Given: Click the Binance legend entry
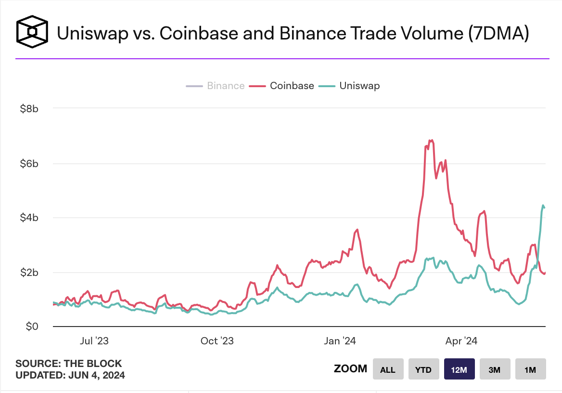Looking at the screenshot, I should click(x=215, y=86).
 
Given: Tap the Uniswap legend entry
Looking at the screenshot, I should click(x=349, y=86).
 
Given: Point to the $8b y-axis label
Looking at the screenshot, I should click(x=29, y=109).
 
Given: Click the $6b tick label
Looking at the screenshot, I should click(x=29, y=164).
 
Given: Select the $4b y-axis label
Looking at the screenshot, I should click(x=29, y=218).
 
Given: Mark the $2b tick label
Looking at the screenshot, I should click(x=29, y=273).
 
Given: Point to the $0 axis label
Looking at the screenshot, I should click(x=32, y=327).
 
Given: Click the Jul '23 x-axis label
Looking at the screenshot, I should click(x=94, y=341).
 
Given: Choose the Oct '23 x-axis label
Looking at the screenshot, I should click(x=217, y=341).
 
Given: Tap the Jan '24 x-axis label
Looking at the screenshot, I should click(x=340, y=341).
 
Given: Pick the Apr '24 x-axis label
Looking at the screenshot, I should click(x=461, y=341).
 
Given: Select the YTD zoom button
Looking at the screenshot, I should click(x=423, y=369).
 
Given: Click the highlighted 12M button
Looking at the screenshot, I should click(x=459, y=369).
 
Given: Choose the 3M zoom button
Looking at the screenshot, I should click(x=495, y=369).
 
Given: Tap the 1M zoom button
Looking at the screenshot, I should click(x=530, y=369).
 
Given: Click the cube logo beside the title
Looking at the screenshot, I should click(x=32, y=32).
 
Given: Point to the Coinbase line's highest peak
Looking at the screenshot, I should click(x=432, y=140).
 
